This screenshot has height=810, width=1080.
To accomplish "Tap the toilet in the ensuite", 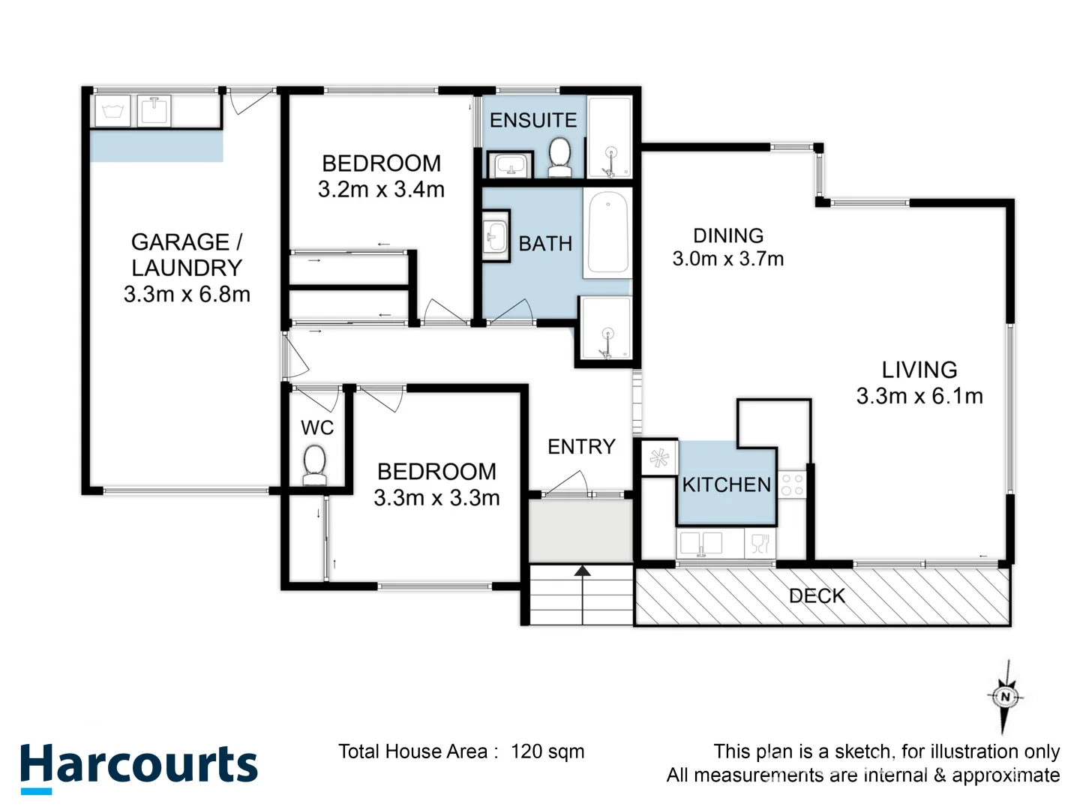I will (x=559, y=157).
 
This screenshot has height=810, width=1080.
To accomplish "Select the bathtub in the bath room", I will (x=607, y=232).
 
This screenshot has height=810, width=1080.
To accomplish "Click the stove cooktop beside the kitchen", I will (x=792, y=484).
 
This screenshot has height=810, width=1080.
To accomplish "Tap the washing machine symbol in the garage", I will (x=112, y=111).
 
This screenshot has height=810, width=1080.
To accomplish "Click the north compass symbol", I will (x=1005, y=697).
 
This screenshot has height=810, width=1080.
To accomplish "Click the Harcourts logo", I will (x=139, y=766).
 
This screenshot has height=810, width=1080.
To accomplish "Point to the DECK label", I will (x=817, y=596).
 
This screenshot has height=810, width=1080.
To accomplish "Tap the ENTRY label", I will (x=581, y=447).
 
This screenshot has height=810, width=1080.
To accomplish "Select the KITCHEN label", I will (x=726, y=484).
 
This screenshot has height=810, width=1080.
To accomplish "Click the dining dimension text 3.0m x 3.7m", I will (x=727, y=259).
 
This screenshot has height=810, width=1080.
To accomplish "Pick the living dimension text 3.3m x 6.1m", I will (x=919, y=396).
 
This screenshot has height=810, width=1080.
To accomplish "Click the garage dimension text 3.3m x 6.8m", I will (x=187, y=294).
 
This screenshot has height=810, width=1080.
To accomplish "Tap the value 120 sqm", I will (x=547, y=751).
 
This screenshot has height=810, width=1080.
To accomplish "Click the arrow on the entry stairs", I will (x=583, y=572).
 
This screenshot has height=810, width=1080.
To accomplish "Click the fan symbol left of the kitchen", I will (x=659, y=458).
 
